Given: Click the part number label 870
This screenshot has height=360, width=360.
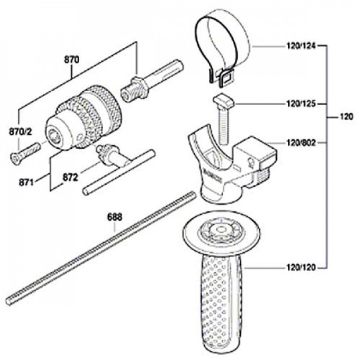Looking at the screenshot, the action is point(72,60).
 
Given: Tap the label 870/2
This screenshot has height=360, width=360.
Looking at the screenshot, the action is point(21,132).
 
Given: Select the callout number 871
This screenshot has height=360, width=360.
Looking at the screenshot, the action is point(26,183).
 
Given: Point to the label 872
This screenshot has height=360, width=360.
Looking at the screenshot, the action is point(70,178).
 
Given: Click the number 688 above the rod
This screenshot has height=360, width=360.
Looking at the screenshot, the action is point(115,217).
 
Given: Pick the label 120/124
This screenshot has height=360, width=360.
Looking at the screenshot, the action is point(301,46).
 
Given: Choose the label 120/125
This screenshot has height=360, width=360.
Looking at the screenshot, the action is point(301,104).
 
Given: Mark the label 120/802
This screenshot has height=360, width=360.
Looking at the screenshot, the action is point(301,143).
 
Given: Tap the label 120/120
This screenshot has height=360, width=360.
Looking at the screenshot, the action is point(301,267).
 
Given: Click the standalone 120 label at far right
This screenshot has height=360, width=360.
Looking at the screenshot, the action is point(346,117).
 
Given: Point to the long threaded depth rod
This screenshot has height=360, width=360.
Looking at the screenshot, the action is point(101,248).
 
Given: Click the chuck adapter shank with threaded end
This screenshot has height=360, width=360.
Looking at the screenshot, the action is point(152,80).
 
